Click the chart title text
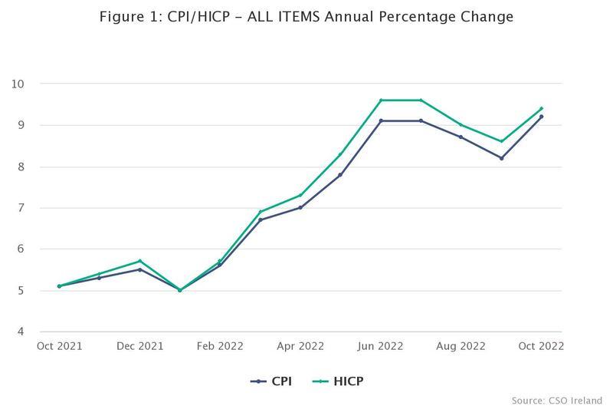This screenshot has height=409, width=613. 306,16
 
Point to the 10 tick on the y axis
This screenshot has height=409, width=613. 18,84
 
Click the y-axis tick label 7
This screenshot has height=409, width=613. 21,208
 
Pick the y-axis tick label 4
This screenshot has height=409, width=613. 21,332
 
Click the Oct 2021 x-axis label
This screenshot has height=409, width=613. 59,346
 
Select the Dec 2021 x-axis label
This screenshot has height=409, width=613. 139,346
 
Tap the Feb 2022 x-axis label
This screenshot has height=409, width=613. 220,346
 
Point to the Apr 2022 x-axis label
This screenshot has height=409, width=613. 300,346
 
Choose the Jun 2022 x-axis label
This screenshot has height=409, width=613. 381,346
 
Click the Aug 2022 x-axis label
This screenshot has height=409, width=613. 461,346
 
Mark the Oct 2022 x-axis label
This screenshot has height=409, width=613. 541,346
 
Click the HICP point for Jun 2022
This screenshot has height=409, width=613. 381,100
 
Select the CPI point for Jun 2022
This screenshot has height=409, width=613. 381,120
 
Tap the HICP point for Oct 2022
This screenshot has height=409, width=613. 542,108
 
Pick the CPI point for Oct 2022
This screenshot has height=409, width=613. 542,117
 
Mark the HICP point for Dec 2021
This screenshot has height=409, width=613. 139,261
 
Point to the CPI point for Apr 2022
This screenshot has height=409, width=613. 300,207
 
